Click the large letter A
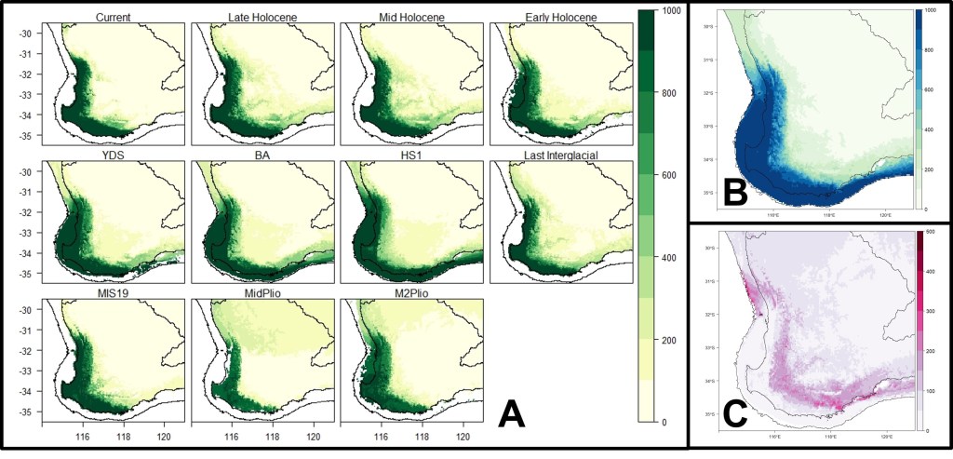[x=515, y=411]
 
